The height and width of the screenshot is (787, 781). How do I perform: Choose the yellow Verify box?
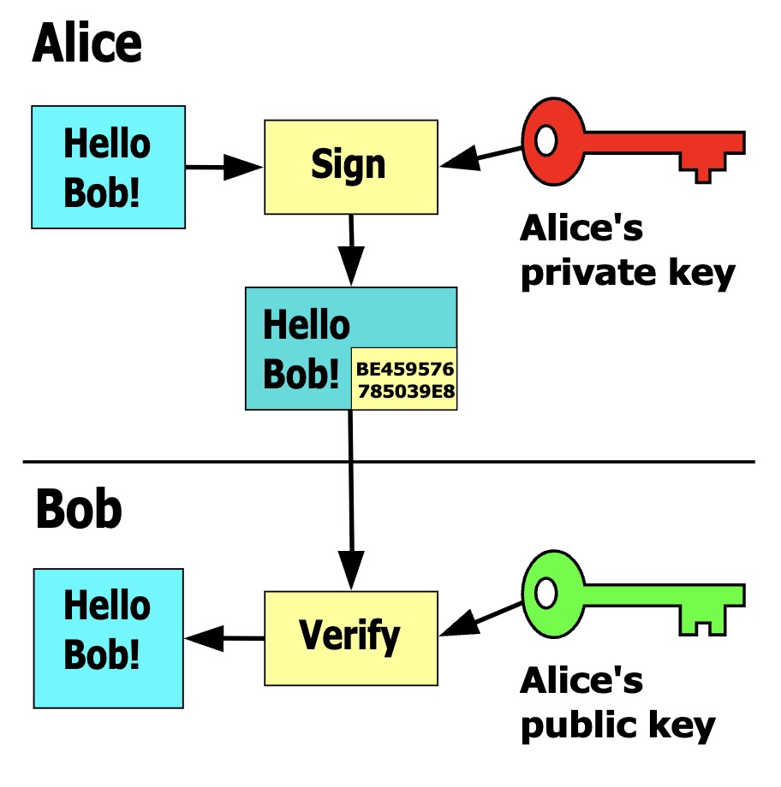[x=350, y=637]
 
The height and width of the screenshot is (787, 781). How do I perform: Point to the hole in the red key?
[x=546, y=137]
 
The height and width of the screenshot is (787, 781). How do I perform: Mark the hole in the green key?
[x=546, y=591]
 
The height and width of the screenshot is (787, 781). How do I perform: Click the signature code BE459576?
[x=405, y=370]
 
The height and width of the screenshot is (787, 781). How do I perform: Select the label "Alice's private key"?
[x=628, y=251]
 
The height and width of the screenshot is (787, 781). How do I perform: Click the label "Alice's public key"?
[x=617, y=703]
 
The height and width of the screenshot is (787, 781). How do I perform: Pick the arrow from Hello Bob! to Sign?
[x=223, y=167]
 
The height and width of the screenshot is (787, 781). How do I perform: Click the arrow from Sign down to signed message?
[x=350, y=251]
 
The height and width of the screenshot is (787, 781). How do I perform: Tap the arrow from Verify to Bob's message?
[x=224, y=637]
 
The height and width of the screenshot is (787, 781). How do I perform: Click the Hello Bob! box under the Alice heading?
[x=108, y=167]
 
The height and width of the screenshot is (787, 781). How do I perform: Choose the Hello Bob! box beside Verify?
[x=108, y=637]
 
